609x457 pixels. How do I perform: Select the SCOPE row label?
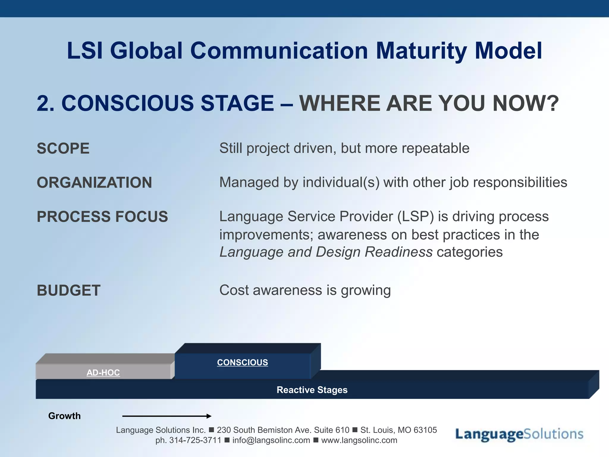(63, 148)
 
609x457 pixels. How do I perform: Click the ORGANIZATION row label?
(94, 182)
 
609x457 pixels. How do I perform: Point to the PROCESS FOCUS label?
(102, 216)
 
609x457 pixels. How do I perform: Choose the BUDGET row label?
(69, 290)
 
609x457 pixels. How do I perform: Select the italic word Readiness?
(398, 252)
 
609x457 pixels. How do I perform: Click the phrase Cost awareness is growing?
(305, 290)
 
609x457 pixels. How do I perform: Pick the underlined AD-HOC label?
(103, 373)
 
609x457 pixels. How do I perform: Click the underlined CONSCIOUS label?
(242, 362)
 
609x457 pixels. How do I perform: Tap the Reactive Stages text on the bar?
(312, 390)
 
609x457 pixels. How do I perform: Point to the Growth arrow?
(167, 416)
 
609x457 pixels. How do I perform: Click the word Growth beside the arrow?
(64, 416)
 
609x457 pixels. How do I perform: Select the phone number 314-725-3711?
(195, 440)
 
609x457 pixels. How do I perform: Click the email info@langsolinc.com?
(271, 440)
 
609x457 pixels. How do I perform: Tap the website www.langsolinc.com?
(359, 440)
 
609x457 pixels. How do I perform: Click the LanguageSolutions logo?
(519, 434)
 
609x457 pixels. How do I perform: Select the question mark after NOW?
(553, 103)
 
